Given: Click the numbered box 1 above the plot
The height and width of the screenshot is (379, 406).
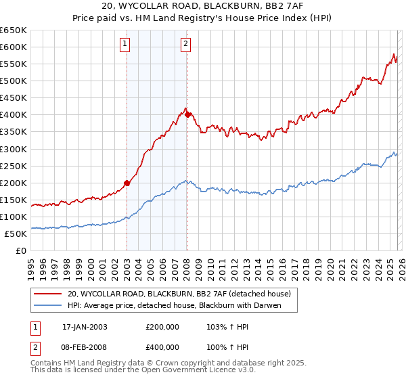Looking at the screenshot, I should [126, 45].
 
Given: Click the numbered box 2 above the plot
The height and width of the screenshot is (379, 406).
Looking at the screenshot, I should [185, 45].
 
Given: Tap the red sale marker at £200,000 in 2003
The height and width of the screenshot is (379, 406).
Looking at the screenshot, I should [127, 183].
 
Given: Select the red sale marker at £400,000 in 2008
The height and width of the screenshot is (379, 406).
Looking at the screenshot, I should [187, 114].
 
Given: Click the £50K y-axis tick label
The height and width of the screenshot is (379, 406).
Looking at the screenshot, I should [16, 234].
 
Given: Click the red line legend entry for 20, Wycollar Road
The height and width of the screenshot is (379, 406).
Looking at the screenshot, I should [179, 294].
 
